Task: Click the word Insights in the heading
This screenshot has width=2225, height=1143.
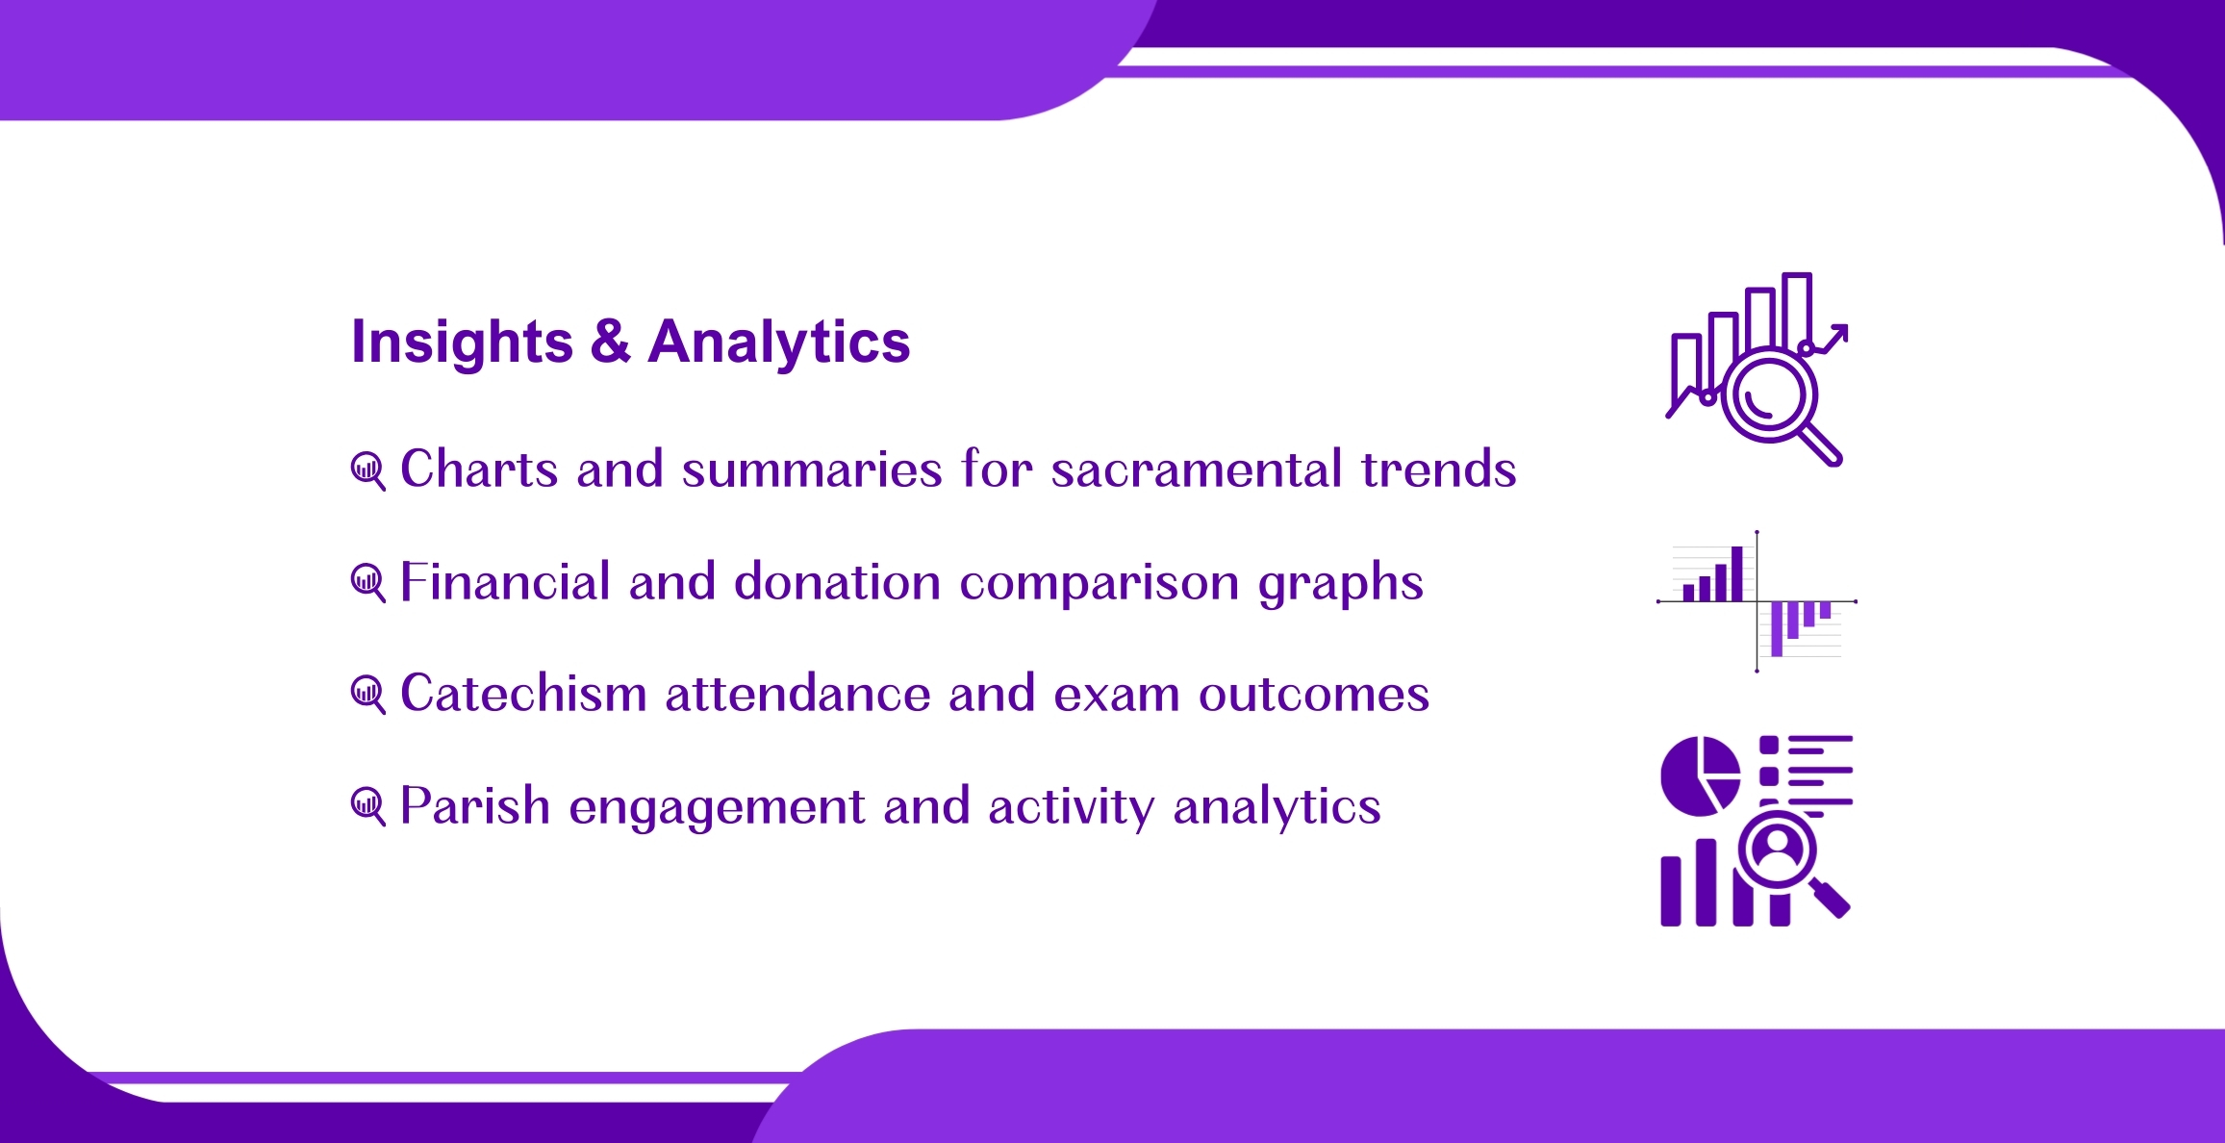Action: (462, 343)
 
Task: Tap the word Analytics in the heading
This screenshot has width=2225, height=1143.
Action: (779, 343)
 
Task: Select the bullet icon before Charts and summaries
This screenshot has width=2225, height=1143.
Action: (368, 471)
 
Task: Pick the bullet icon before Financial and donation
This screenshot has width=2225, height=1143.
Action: (368, 583)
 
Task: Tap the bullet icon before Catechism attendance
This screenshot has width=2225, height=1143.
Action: (368, 695)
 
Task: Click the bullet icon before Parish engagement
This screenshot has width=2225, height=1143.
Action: (368, 806)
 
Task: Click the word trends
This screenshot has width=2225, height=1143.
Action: (1439, 470)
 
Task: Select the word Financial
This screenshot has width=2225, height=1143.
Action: (505, 581)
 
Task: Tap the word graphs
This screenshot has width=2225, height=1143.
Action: (1341, 585)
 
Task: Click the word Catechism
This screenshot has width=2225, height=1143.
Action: (523, 693)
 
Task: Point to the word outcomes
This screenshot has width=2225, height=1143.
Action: (1314, 695)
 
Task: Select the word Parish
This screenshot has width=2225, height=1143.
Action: (475, 805)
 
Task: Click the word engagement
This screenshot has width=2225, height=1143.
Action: (718, 808)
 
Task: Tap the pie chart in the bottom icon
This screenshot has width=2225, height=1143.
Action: (1700, 775)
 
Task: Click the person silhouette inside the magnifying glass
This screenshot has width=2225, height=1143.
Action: (1777, 850)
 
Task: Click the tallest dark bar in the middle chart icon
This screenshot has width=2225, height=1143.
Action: (1736, 574)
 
